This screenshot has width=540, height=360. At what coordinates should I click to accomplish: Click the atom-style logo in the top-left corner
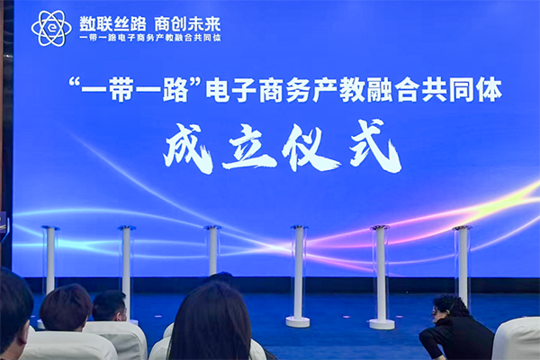pyautogui.click(x=50, y=28)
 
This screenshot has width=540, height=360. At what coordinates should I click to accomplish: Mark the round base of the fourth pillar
pyautogui.click(x=298, y=321)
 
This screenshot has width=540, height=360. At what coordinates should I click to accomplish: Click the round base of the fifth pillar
pyautogui.click(x=382, y=323)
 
